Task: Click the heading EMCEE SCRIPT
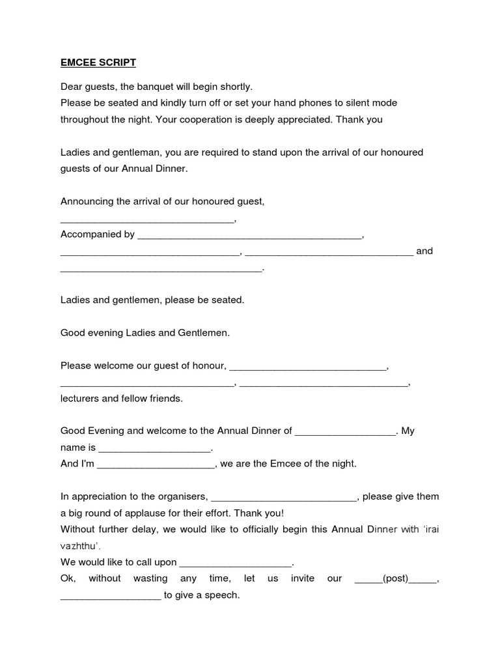pos(98,63)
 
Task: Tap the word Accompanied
pos(91,234)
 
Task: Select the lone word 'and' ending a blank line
pos(424,251)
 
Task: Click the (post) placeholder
pos(395,578)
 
